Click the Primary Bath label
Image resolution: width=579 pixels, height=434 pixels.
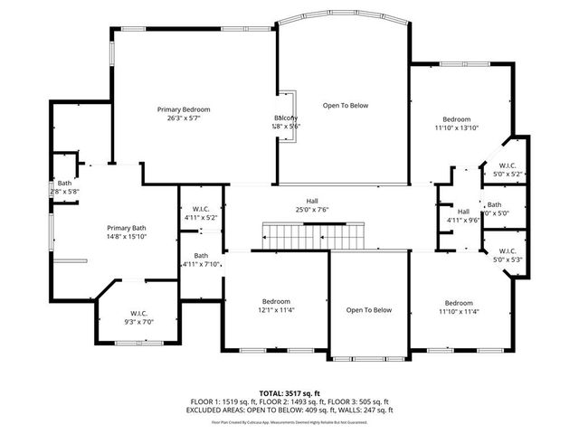point(127,227)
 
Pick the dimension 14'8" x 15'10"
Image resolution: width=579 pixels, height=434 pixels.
point(127,237)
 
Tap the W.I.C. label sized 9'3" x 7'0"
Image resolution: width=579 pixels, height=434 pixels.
point(138,313)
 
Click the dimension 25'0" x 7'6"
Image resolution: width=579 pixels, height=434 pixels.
point(311,210)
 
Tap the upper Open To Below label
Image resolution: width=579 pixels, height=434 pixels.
point(346,106)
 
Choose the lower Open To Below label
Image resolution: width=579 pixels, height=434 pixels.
point(369,310)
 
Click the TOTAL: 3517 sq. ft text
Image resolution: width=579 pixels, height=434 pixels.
point(289,393)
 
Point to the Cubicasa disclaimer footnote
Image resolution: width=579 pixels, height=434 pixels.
point(289,422)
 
